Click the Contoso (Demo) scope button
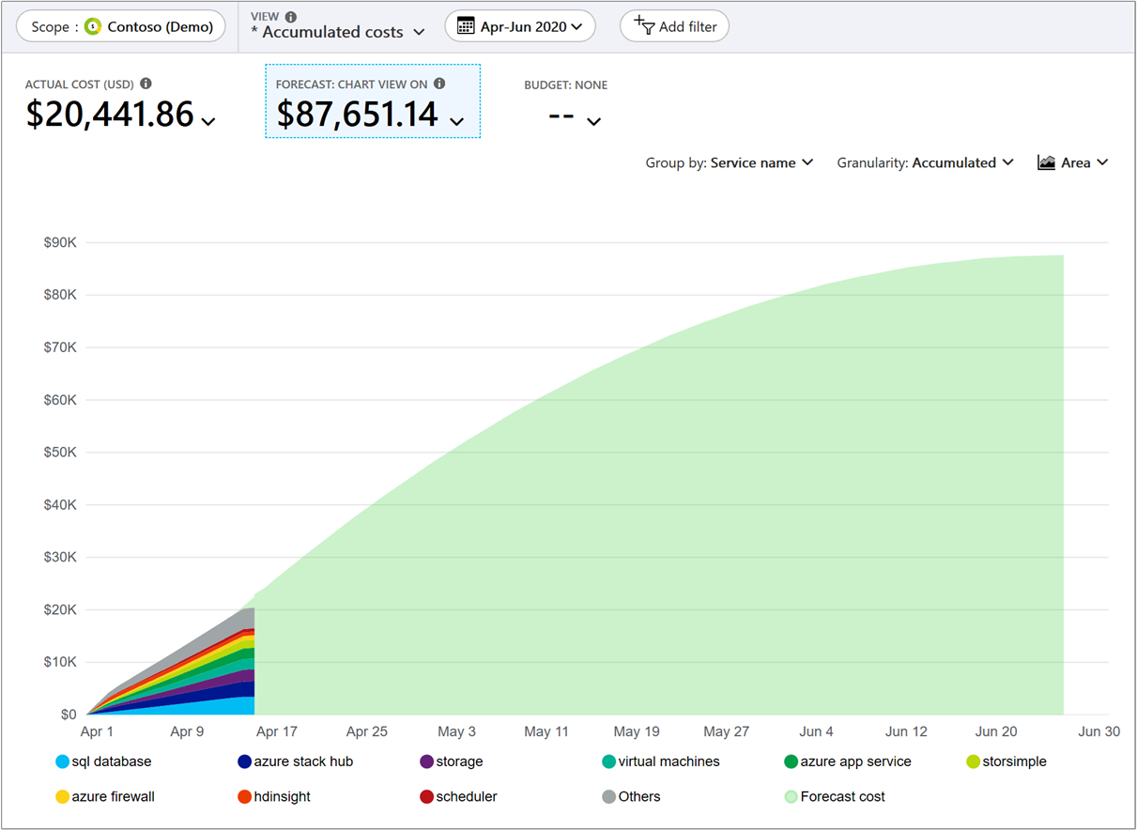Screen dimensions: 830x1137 [x=121, y=26]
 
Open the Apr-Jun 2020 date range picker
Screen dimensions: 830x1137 [x=520, y=26]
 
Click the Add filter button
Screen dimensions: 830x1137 [x=674, y=26]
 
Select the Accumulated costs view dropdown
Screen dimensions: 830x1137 [x=338, y=32]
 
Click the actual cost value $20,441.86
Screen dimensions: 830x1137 [x=111, y=115]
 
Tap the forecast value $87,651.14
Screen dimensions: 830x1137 [x=358, y=115]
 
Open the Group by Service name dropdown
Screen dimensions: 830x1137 [x=729, y=162]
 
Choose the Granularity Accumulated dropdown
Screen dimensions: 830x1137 [x=925, y=162]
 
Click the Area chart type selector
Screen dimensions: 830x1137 [x=1073, y=162]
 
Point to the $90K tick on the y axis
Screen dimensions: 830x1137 [x=60, y=242]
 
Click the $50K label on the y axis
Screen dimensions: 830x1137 [x=60, y=453]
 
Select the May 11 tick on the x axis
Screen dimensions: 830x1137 [x=546, y=731]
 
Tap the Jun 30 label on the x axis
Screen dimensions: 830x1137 [x=1099, y=731]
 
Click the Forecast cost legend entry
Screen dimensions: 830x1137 [x=834, y=796]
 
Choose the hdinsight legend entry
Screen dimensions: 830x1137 [x=273, y=796]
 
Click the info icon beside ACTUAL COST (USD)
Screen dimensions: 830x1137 [x=146, y=84]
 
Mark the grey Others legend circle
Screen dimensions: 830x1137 [x=608, y=797]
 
